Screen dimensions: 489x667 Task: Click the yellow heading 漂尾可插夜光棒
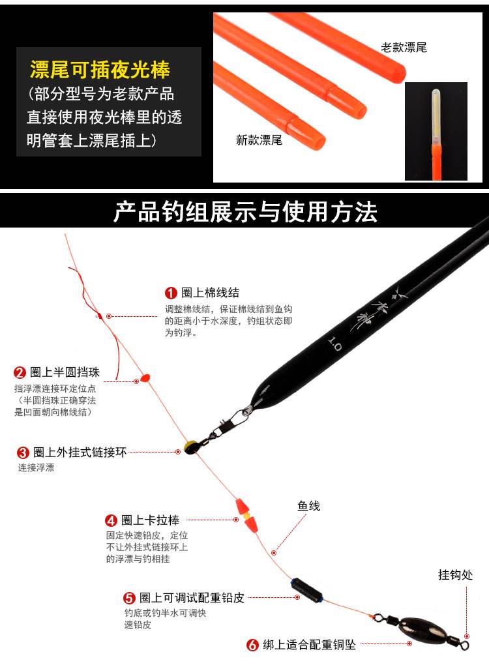click(100, 70)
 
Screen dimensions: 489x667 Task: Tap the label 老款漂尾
click(404, 48)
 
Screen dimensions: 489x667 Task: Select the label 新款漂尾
click(259, 140)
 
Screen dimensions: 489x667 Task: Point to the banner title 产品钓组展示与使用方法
click(245, 211)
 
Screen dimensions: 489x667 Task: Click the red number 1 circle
click(171, 293)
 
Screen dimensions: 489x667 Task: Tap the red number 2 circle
click(20, 373)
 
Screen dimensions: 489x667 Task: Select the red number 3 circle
click(23, 452)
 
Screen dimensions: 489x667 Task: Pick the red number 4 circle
click(111, 520)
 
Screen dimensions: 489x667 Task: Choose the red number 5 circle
click(129, 599)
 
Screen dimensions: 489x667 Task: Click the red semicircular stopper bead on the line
click(145, 378)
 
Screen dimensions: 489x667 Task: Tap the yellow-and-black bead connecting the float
click(190, 447)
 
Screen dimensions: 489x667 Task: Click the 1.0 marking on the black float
click(334, 344)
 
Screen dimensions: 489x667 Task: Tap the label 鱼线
click(308, 506)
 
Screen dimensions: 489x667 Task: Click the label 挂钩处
click(455, 574)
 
